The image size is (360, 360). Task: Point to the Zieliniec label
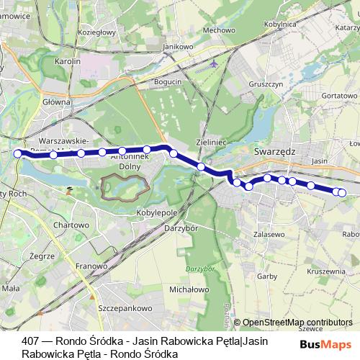pyautogui.click(x=211, y=143)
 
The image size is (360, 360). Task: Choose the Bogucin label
pyautogui.click(x=168, y=83)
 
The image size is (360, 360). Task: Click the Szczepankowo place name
pyautogui.click(x=122, y=307)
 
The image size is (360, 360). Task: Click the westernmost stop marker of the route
pyautogui.click(x=18, y=153)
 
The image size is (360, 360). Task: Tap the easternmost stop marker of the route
pyautogui.click(x=342, y=192)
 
